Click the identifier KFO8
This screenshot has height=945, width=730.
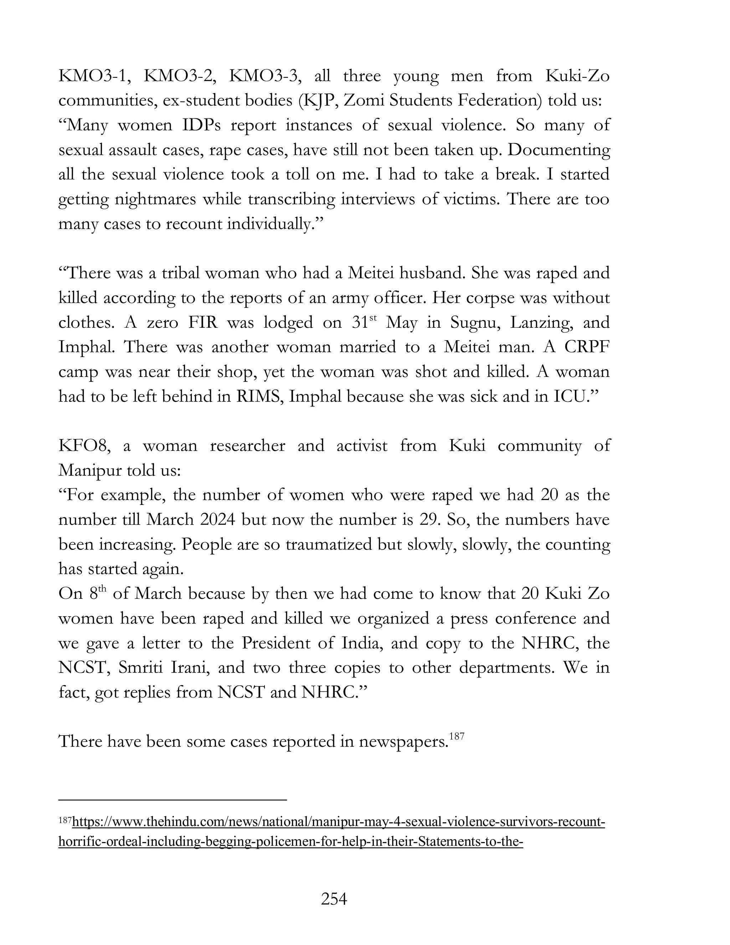(84, 446)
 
